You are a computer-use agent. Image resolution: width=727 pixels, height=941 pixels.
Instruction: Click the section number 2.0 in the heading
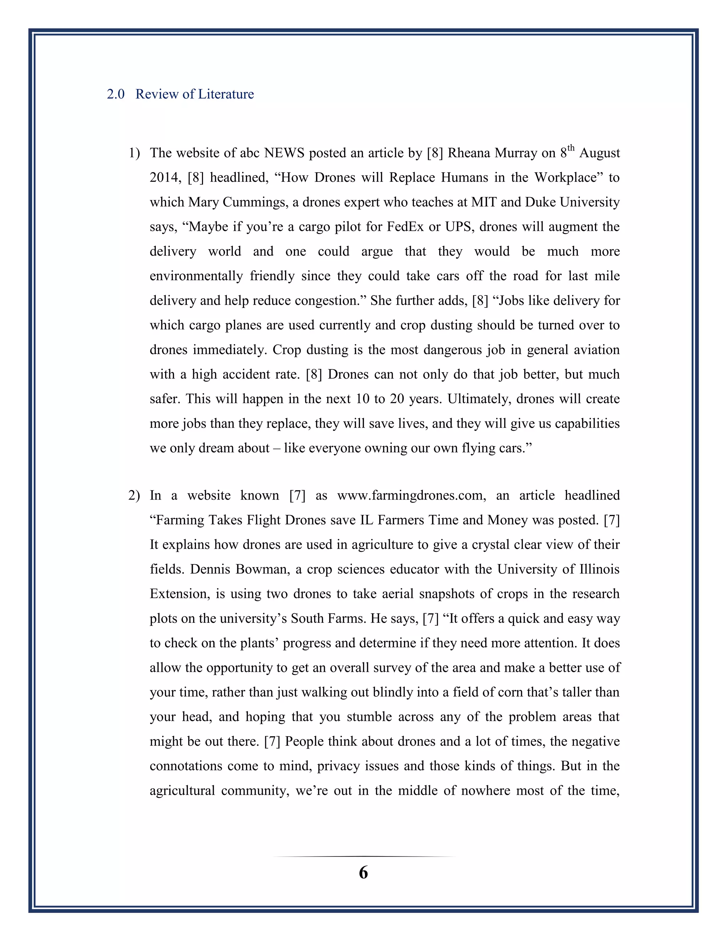pyautogui.click(x=115, y=94)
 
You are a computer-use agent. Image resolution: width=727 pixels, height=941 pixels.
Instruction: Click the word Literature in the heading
pyautogui.click(x=226, y=94)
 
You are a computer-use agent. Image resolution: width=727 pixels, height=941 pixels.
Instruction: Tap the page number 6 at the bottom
pyautogui.click(x=363, y=872)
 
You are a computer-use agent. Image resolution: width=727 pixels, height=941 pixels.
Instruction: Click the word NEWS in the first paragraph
pyautogui.click(x=284, y=153)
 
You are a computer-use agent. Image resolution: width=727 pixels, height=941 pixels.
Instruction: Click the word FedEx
pyautogui.click(x=405, y=227)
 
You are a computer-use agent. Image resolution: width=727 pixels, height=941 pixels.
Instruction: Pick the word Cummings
pyautogui.click(x=255, y=202)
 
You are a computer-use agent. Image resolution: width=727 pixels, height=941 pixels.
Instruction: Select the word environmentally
pyautogui.click(x=196, y=276)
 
